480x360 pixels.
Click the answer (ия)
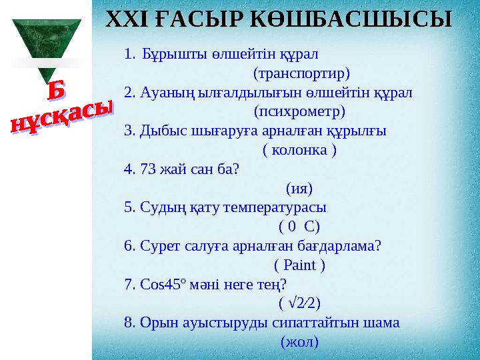tap(299, 188)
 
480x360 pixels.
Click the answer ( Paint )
tap(299, 265)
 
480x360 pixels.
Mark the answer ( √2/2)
tap(299, 304)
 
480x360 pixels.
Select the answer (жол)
tap(299, 343)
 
